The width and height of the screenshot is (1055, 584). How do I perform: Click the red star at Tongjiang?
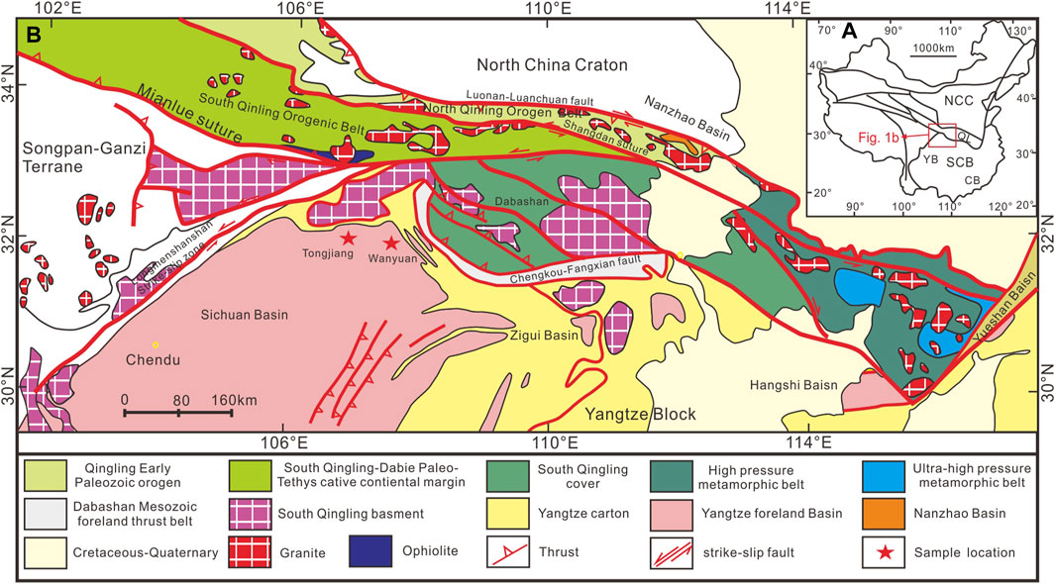pyautogui.click(x=348, y=238)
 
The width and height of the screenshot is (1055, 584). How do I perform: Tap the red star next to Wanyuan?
pyautogui.click(x=391, y=243)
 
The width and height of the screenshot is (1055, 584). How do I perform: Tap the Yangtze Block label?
pyautogui.click(x=641, y=414)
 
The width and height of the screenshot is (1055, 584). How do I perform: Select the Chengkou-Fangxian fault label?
pyautogui.click(x=592, y=263)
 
